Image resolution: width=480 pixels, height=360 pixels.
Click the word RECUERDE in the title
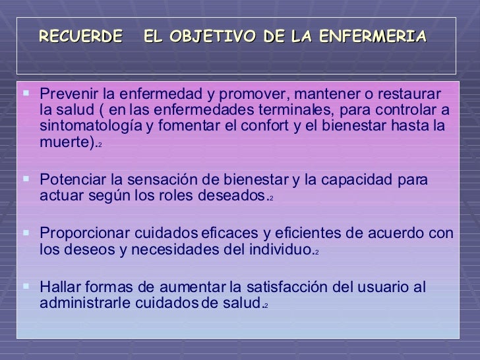tap(80, 36)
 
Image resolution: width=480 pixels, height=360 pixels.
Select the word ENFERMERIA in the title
tap(373, 36)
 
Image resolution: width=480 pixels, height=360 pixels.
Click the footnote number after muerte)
tap(100, 144)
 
